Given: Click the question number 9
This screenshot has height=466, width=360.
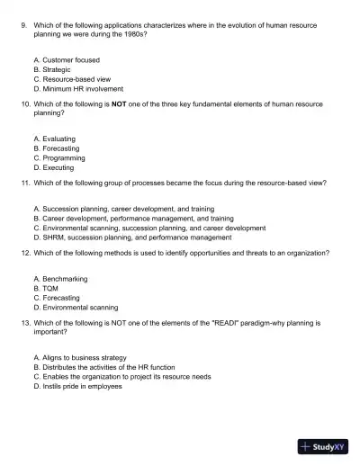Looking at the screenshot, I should (23, 26).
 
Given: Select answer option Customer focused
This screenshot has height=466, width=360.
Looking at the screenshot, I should (71, 59).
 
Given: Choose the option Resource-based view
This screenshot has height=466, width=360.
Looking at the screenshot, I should (76, 79).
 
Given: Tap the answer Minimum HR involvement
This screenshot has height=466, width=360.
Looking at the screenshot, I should (83, 89).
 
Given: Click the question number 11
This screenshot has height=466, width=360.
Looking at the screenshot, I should (24, 183).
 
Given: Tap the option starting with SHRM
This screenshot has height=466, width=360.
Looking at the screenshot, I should (131, 237).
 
